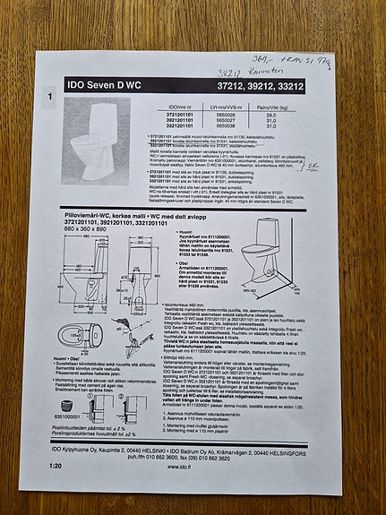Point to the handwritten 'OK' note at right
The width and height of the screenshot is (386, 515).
click(x=316, y=167)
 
